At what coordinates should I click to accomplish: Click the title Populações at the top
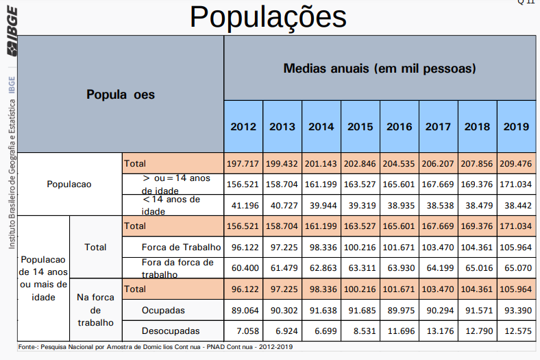(x=268, y=17)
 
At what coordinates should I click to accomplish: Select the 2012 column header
(x=243, y=127)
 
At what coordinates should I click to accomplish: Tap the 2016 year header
(x=400, y=127)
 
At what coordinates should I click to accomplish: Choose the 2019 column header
(x=516, y=127)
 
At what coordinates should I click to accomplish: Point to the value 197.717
(x=243, y=164)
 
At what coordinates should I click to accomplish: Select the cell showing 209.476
(x=516, y=164)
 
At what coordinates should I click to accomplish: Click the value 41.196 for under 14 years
(x=243, y=205)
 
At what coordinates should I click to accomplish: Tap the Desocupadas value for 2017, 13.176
(x=439, y=331)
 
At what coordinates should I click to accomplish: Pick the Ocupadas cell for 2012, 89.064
(x=243, y=311)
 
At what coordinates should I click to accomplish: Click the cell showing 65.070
(x=516, y=267)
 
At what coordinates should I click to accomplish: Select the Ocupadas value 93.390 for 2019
(x=516, y=311)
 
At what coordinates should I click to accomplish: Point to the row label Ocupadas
(x=163, y=311)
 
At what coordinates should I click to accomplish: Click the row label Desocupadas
(x=171, y=331)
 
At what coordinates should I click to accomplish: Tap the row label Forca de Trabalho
(x=181, y=247)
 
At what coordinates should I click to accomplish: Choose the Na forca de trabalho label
(x=95, y=310)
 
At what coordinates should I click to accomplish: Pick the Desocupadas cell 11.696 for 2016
(x=400, y=331)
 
